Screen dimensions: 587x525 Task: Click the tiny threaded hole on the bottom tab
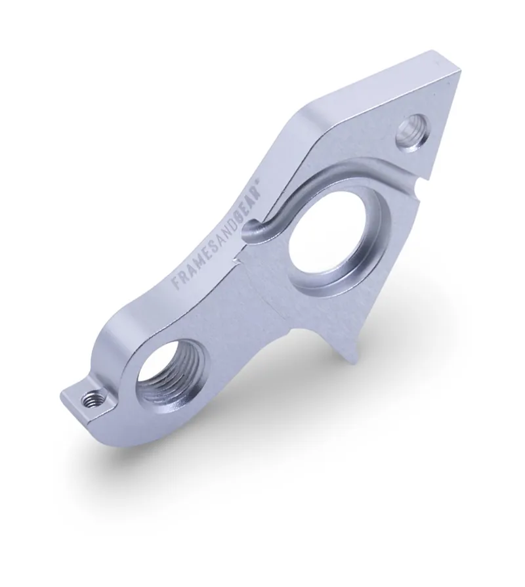click(93, 397)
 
